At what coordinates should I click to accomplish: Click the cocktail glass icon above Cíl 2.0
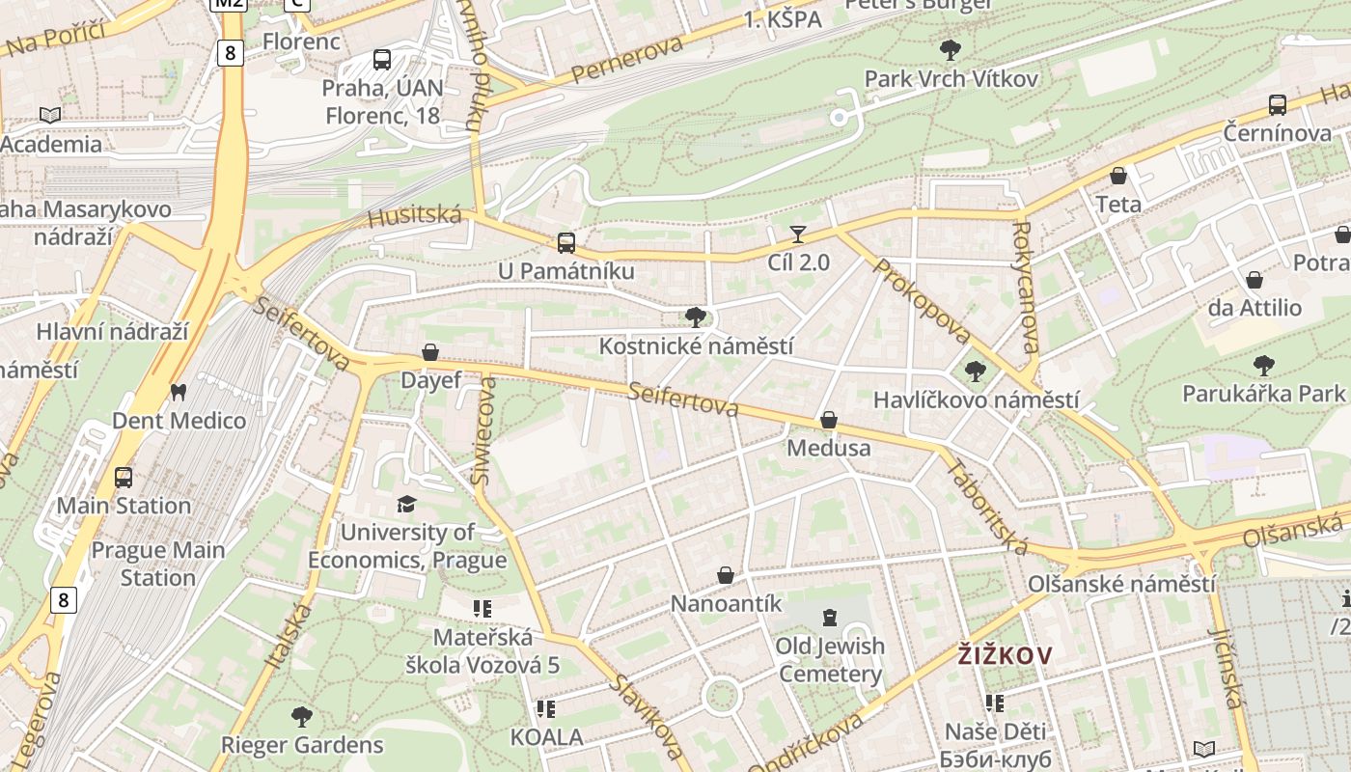pyautogui.click(x=798, y=234)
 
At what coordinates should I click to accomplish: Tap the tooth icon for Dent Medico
pyautogui.click(x=178, y=392)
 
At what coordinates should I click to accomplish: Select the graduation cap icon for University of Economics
pyautogui.click(x=407, y=504)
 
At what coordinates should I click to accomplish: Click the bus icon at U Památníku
pyautogui.click(x=566, y=242)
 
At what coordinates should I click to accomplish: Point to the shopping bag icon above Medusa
pyautogui.click(x=828, y=420)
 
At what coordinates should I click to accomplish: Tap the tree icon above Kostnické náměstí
pyautogui.click(x=695, y=317)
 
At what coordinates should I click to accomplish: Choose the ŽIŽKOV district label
pyautogui.click(x=1005, y=656)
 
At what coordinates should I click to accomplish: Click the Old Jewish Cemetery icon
pyautogui.click(x=830, y=618)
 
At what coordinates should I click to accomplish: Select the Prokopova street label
pyautogui.click(x=921, y=300)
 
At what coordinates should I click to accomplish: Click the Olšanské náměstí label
pyautogui.click(x=1121, y=584)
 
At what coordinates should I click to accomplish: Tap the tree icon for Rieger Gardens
pyautogui.click(x=302, y=716)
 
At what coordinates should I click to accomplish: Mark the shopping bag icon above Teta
pyautogui.click(x=1118, y=176)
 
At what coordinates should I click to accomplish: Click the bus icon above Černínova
pyautogui.click(x=1278, y=105)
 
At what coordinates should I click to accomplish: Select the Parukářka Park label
pyautogui.click(x=1263, y=394)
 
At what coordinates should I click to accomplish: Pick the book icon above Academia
pyautogui.click(x=50, y=116)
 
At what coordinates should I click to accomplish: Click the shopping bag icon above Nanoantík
pyautogui.click(x=726, y=575)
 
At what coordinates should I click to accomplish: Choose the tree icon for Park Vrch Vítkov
pyautogui.click(x=951, y=49)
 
